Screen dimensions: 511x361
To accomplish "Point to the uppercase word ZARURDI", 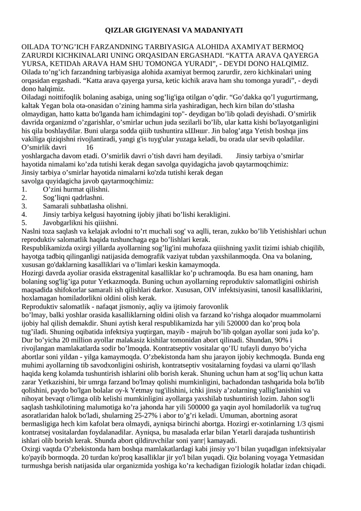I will pos(38,55).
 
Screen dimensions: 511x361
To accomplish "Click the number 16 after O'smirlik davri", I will pos(89,147).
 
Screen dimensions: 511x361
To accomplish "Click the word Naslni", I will pos(31,231).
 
